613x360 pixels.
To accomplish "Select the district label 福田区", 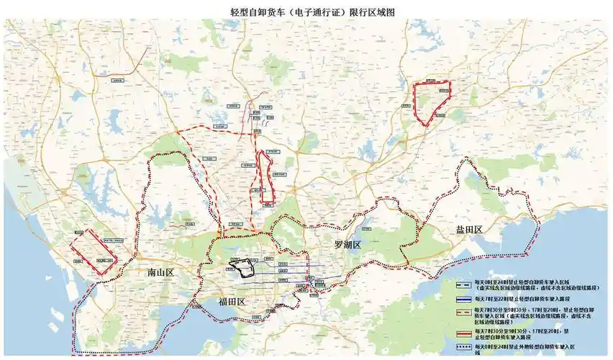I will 232,302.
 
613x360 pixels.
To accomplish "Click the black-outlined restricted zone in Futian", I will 242,269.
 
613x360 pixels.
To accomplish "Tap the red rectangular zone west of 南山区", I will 92,251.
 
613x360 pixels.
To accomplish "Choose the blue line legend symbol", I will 463,299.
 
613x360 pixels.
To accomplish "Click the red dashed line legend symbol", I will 463,315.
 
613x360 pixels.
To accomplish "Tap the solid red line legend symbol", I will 463,334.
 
